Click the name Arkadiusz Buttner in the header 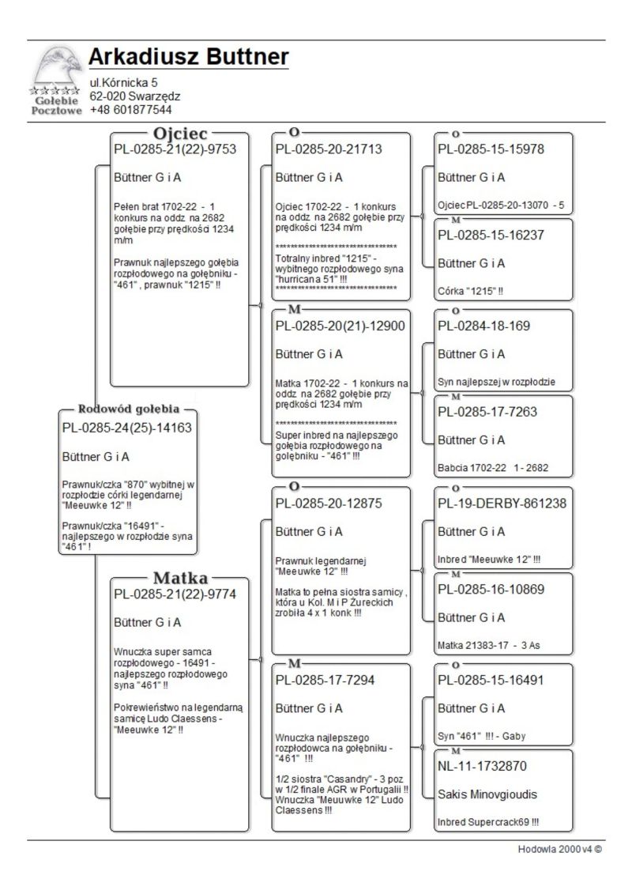188,58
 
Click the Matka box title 180,576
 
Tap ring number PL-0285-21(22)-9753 175,149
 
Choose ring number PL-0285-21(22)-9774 175,594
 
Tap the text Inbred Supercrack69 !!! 488,822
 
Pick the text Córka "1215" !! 471,291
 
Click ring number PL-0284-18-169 483,326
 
